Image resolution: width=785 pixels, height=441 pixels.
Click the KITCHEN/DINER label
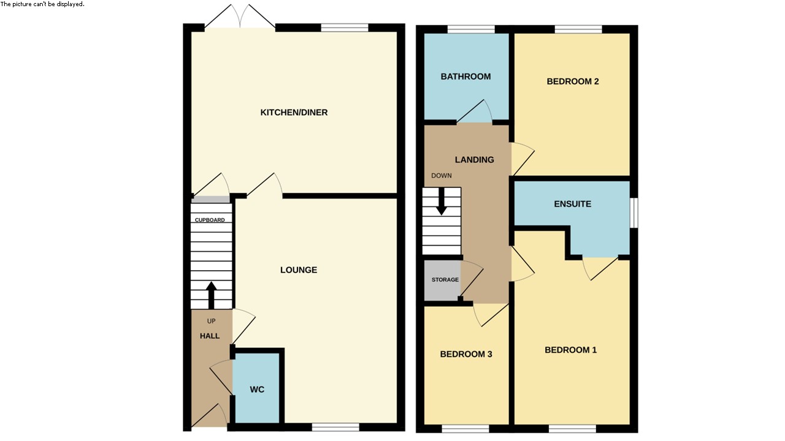coord(294,113)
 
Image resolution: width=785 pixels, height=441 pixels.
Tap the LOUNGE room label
coord(299,270)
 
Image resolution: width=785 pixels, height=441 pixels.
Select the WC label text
coord(257,390)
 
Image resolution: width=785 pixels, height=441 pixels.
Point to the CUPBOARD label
coord(210,220)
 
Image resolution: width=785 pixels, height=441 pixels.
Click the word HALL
coord(209,336)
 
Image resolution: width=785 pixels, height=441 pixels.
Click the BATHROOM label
coord(465,77)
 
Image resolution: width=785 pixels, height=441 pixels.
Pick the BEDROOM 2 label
coord(572,81)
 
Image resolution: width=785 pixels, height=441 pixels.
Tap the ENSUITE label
coord(572,204)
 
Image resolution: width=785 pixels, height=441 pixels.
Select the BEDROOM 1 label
coord(570,350)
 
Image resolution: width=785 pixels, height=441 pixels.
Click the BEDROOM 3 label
coord(466,354)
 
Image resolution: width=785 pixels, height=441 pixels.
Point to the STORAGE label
coord(445,280)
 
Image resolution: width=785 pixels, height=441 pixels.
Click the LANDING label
coord(474,160)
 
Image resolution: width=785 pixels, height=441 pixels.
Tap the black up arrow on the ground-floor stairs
coord(212,295)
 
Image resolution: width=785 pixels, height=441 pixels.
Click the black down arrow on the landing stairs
coord(441,203)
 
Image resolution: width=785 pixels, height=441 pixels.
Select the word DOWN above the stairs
coord(441,176)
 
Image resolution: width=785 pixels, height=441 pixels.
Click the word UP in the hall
coord(211,322)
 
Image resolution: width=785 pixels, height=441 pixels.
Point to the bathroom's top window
coord(471,29)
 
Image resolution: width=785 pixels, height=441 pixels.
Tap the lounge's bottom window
coord(335,427)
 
